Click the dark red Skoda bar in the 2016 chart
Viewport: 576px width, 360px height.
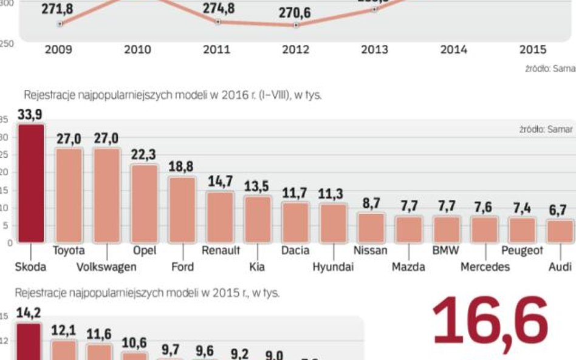coord(30,183)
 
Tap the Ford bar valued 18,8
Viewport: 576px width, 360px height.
coord(182,209)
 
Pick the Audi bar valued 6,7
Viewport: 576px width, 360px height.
coord(559,231)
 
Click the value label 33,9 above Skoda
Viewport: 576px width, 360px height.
coord(30,114)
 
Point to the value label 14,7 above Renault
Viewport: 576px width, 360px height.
coord(219,182)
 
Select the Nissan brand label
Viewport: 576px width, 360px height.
coord(370,250)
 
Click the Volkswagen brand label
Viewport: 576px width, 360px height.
coord(107,267)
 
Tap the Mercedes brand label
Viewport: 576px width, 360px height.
coord(485,267)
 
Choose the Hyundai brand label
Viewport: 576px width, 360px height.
coord(332,267)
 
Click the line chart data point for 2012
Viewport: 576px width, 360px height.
coord(296,25)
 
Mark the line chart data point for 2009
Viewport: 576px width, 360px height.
coord(60,24)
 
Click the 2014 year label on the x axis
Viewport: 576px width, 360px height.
coord(453,50)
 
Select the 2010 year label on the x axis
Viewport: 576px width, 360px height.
coord(138,50)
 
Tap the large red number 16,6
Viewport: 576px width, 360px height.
coord(490,324)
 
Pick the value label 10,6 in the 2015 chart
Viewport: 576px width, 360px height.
coord(134,344)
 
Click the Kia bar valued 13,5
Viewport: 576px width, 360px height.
coord(257,219)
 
